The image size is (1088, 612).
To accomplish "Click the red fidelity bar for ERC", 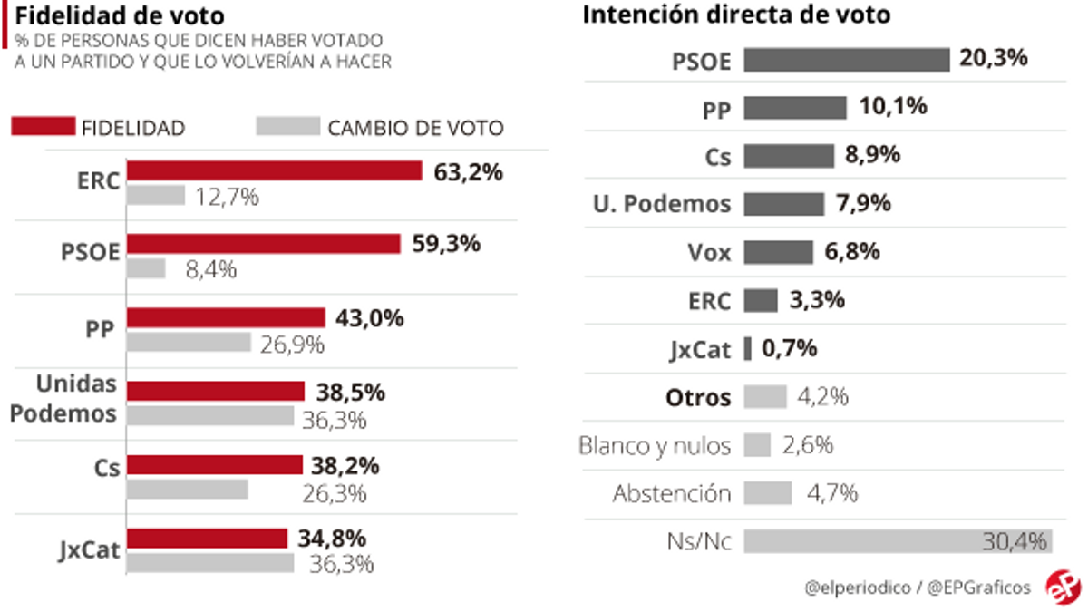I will [274, 171].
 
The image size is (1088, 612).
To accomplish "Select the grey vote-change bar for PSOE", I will [146, 268].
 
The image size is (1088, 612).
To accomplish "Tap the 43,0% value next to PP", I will [370, 318].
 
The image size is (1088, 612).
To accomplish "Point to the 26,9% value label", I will [292, 344].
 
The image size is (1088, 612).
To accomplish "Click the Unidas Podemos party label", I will [76, 398].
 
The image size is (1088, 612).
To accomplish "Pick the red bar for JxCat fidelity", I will [207, 539].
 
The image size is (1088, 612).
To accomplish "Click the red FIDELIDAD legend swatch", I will [43, 127].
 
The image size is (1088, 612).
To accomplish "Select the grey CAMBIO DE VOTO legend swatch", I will [288, 127].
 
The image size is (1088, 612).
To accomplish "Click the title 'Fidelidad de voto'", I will [119, 16].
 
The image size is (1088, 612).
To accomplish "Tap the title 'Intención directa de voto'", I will [736, 15].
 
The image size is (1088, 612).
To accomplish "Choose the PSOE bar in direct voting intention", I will [846, 60].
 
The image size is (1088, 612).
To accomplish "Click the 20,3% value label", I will [994, 59].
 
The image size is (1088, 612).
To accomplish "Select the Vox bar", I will [778, 252].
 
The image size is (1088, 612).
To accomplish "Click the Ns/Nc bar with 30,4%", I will [897, 541].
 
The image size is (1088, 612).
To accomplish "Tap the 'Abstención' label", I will [671, 493].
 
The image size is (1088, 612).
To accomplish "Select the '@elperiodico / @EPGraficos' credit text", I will [918, 587].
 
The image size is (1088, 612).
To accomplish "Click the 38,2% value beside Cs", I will [345, 466].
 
